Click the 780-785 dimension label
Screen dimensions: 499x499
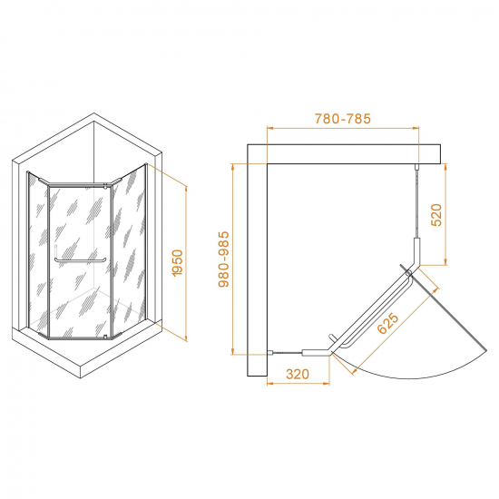[x=343, y=119]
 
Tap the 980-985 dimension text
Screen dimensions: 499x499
[x=224, y=259]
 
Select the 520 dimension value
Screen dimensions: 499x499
[x=436, y=215]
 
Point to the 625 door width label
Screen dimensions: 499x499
[x=387, y=323]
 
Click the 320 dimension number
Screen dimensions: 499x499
[x=298, y=374]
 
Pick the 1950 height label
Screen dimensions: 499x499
[x=177, y=263]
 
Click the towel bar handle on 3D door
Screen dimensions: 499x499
[x=80, y=261]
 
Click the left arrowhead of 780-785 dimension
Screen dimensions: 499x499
[x=269, y=128]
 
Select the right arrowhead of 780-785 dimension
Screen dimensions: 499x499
[x=416, y=128]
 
